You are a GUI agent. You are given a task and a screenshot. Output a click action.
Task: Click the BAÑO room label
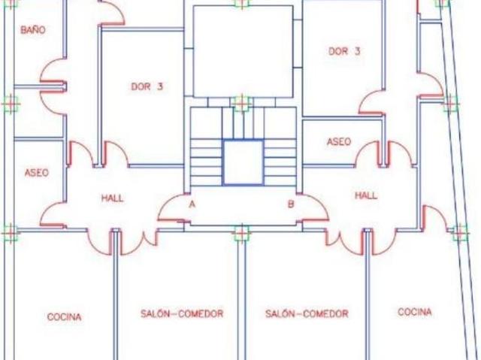33,30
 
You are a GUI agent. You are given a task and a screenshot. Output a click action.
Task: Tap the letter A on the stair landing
192,204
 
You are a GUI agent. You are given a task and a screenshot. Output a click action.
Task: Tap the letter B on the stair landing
291,204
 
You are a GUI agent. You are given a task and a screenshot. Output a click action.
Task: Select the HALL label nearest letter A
112,198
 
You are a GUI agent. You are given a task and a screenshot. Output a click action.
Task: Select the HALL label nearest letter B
366,195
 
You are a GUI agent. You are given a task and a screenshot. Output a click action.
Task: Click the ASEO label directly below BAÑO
37,173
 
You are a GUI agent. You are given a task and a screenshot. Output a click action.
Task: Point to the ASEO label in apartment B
339,141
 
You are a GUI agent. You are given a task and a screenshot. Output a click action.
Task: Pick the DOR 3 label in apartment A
147,86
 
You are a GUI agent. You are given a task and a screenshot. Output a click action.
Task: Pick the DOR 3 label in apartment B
344,51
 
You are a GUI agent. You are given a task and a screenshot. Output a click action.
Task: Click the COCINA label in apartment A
65,316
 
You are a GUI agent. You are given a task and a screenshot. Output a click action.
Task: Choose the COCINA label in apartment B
415,312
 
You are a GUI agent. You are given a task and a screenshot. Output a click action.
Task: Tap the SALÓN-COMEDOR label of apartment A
182,313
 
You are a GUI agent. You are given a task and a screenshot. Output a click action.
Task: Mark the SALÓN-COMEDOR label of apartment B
307,313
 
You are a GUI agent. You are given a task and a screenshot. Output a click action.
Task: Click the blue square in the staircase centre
244,140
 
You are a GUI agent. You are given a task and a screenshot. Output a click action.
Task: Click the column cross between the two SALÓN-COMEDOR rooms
242,233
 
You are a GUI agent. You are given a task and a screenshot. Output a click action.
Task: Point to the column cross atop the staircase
242,102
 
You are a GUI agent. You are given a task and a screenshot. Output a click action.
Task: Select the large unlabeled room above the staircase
243,52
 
